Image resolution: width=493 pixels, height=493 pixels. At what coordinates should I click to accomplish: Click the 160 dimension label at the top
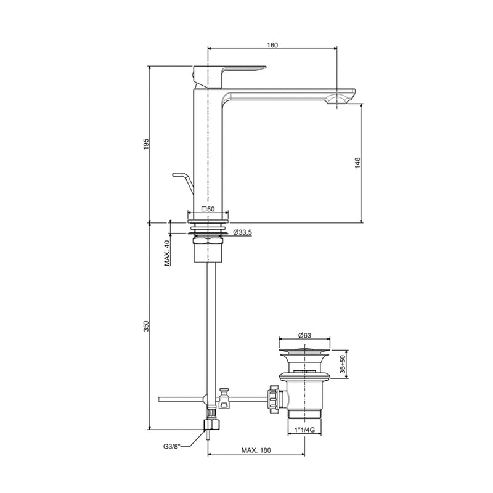(272, 45)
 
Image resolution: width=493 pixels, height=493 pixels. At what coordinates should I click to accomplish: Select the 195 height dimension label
(146, 144)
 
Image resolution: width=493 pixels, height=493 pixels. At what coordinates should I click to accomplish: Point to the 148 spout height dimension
(358, 163)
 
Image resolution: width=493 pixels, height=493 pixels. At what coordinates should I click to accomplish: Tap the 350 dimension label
(146, 326)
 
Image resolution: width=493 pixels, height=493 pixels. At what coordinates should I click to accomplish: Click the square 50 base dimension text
(208, 209)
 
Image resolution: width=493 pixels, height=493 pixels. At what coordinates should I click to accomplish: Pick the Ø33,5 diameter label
(242, 232)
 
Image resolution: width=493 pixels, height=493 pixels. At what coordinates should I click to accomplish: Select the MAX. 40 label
(167, 253)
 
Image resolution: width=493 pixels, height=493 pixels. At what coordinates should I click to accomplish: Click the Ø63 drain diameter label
(304, 335)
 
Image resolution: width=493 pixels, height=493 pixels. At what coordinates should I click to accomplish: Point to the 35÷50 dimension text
(343, 364)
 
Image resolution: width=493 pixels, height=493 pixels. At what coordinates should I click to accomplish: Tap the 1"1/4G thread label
(304, 430)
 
